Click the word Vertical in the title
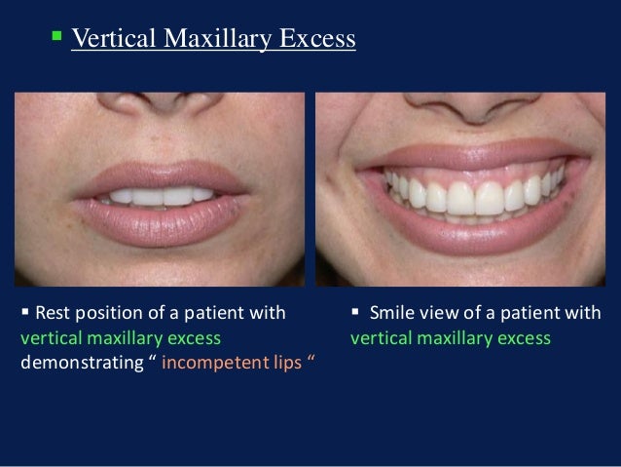[108, 40]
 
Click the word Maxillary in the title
[205, 40]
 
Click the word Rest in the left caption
[52, 314]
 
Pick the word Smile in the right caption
[389, 314]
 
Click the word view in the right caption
[434, 314]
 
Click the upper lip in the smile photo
[471, 156]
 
